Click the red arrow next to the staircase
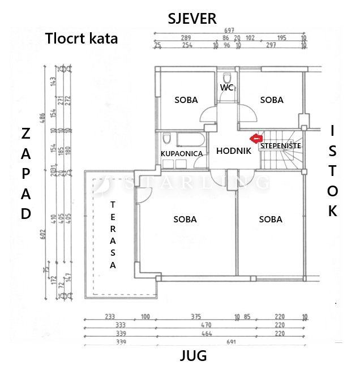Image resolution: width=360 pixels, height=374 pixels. click(255, 138)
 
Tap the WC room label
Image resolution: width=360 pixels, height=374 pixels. click(227, 87)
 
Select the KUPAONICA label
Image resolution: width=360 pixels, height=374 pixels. click(182, 153)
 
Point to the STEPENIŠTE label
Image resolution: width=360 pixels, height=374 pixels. click(280, 146)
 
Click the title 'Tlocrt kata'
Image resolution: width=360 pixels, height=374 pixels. click(82, 39)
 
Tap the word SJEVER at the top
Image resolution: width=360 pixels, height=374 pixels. click(192, 19)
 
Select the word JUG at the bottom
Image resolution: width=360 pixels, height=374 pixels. click(193, 356)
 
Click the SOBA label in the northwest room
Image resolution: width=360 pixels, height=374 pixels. click(186, 100)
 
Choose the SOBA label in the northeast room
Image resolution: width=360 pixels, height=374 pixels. click(272, 100)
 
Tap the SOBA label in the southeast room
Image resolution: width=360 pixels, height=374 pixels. click(271, 219)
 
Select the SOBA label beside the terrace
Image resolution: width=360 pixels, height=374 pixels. click(185, 219)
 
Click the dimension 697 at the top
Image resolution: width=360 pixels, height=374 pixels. click(229, 30)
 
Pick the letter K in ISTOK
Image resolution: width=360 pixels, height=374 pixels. click(333, 211)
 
